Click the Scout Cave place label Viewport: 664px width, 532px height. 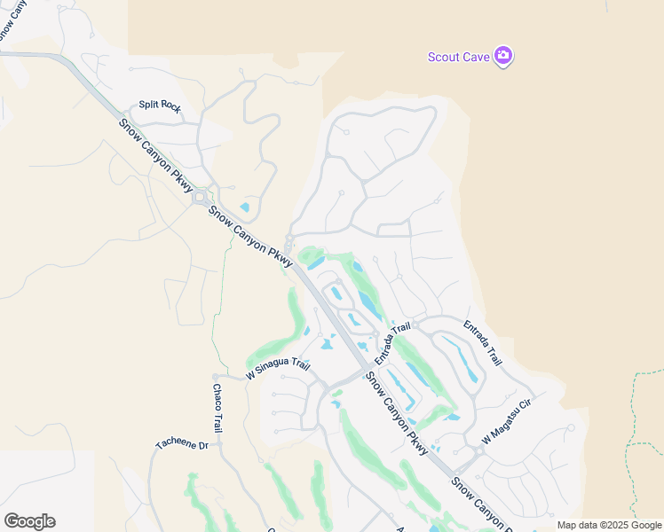pyautogui.click(x=459, y=57)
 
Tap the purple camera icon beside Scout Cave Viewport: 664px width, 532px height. pyautogui.click(x=503, y=56)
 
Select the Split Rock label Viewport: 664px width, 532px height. pyautogui.click(x=160, y=106)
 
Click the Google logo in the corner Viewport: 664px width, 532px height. pyautogui.click(x=29, y=521)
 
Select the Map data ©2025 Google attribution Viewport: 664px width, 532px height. pyautogui.click(x=610, y=525)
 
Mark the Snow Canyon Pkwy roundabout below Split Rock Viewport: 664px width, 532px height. pyautogui.click(x=200, y=197)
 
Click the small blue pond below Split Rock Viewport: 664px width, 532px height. pyautogui.click(x=244, y=208)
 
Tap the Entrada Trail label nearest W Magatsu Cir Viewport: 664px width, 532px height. pyautogui.click(x=483, y=343)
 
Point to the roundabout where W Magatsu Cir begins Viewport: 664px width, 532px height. pyautogui.click(x=478, y=450)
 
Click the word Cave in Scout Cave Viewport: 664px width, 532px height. pyautogui.click(x=476, y=57)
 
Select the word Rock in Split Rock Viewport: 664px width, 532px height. pyautogui.click(x=170, y=108)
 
